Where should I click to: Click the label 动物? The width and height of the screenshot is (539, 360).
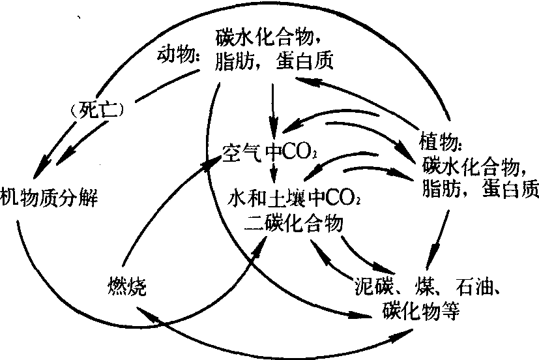point(178,55)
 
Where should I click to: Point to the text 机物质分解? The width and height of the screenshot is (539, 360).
point(50,196)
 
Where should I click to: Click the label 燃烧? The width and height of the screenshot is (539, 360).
point(128,284)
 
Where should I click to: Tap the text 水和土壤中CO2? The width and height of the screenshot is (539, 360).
point(293,196)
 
